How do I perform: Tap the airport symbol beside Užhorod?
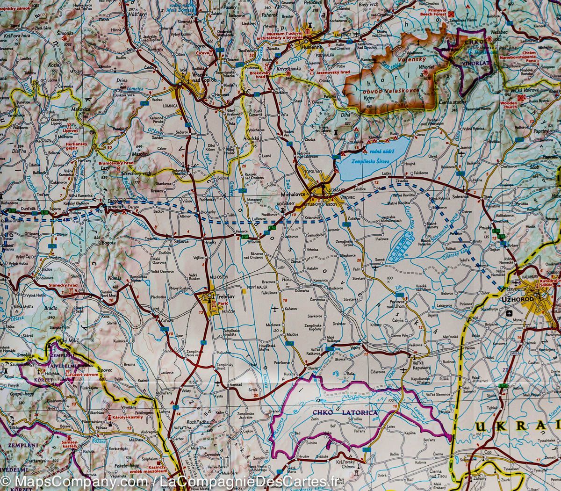tap(509, 312)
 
